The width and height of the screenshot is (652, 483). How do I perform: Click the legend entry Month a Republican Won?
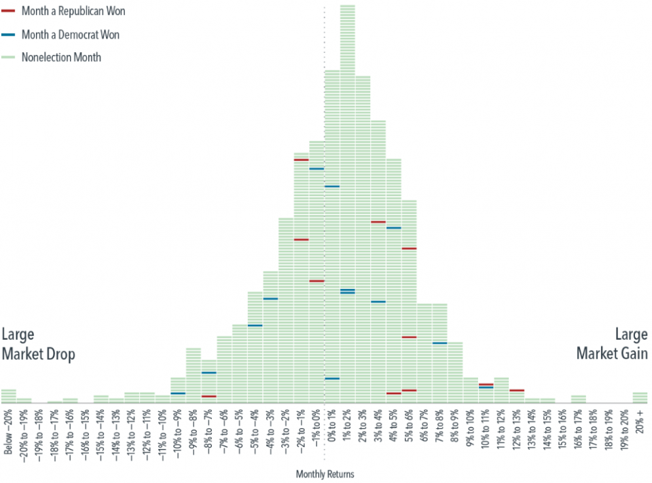pyautogui.click(x=73, y=12)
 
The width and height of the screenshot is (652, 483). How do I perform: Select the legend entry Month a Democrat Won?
pyautogui.click(x=71, y=34)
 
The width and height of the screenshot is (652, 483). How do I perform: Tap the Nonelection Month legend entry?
pyautogui.click(x=61, y=57)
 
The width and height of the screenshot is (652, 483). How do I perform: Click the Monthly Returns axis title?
pyautogui.click(x=325, y=474)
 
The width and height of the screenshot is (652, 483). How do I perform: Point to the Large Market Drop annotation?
pyautogui.click(x=38, y=345)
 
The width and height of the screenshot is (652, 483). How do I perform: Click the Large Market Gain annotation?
pyautogui.click(x=612, y=345)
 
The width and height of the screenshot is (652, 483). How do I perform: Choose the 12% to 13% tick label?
pyautogui.click(x=517, y=432)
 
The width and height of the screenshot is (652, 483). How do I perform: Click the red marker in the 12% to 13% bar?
pyautogui.click(x=517, y=390)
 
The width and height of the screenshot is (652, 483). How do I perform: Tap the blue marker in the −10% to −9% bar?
pyautogui.click(x=178, y=393)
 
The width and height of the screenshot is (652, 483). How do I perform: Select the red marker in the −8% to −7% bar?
pyautogui.click(x=209, y=396)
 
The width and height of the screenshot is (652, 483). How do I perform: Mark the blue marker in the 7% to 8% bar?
pyautogui.click(x=439, y=343)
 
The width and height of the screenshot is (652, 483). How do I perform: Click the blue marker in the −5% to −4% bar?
pyautogui.click(x=255, y=326)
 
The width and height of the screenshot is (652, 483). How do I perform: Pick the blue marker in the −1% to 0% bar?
pyautogui.click(x=316, y=169)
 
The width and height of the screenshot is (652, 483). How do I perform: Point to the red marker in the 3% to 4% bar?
pyautogui.click(x=378, y=222)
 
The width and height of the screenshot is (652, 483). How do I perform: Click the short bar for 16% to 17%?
pyautogui.click(x=579, y=399)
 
